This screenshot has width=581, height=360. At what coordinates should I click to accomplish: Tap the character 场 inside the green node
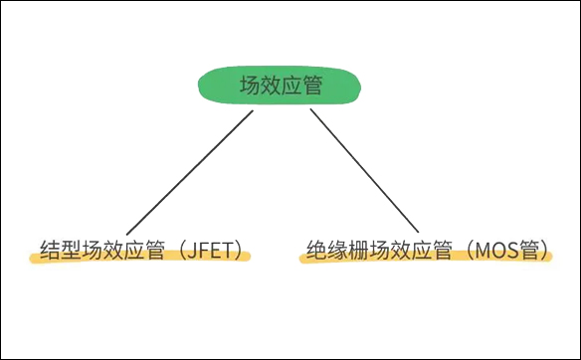coord(250,86)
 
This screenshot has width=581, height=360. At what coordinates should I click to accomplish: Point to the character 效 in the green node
coord(271,86)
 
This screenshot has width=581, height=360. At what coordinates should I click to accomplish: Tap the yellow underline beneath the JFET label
coord(139,259)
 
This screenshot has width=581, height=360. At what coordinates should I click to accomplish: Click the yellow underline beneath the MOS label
coord(426,259)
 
